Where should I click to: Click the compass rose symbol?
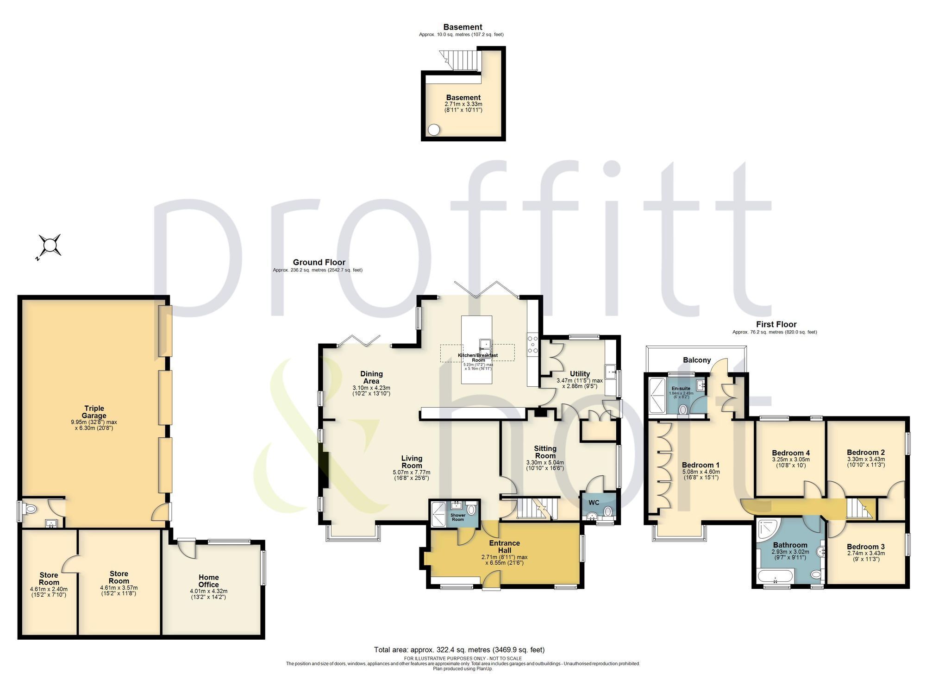tap(50, 246)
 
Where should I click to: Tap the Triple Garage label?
tap(94, 412)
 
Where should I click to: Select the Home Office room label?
tap(208, 581)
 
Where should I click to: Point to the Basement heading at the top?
tap(463, 27)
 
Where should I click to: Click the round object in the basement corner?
tap(434, 130)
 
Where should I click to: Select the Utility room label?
tap(580, 374)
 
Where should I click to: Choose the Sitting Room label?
tap(545, 452)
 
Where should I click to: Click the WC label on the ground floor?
tap(594, 503)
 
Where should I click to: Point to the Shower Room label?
tap(458, 517)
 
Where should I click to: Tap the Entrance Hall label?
tap(505, 547)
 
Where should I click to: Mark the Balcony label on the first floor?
tap(697, 360)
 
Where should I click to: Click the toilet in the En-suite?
tap(682, 409)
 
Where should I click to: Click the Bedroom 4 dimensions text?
tap(791, 462)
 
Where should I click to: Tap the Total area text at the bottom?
tap(459, 649)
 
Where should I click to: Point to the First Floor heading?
tap(776, 324)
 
